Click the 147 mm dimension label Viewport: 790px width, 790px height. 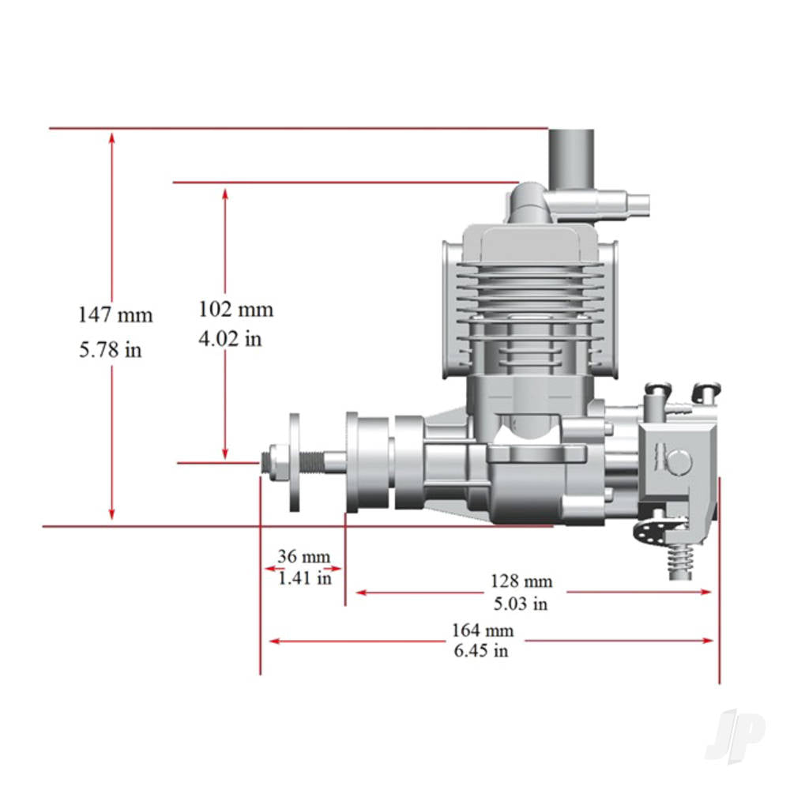point(115,315)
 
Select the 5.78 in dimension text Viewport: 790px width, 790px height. point(111,349)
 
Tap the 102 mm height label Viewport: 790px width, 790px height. point(235,309)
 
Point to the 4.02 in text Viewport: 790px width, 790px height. point(230,339)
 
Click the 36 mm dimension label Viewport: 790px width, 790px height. point(303,556)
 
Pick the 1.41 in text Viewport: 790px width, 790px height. point(304,577)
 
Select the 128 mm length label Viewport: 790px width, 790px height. point(521,581)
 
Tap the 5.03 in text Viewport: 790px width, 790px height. point(521,604)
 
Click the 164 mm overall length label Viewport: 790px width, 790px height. point(482,630)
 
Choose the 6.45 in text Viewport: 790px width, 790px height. point(481,651)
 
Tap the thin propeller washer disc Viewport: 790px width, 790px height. point(295,462)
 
